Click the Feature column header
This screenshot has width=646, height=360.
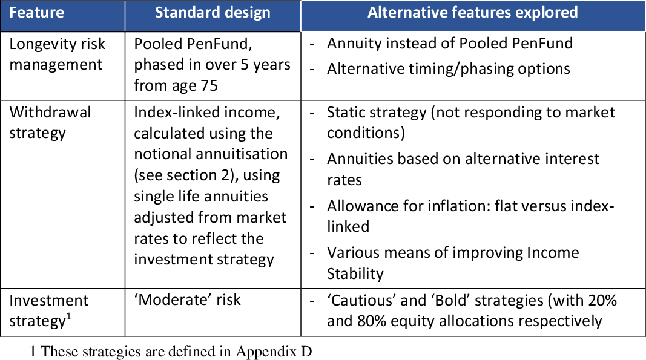[37, 12]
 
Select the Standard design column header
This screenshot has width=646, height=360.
[213, 13]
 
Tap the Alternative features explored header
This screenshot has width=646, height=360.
[473, 12]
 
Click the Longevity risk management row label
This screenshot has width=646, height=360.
[58, 54]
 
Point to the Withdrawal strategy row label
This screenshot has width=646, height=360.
[50, 122]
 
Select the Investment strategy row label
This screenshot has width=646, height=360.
[48, 310]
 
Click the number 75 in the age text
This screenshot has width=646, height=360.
[209, 86]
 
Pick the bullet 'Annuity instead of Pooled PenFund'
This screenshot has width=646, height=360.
[450, 43]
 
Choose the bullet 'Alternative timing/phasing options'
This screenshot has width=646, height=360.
[449, 69]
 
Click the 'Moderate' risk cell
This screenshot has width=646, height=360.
[188, 300]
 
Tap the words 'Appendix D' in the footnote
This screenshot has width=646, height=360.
[274, 352]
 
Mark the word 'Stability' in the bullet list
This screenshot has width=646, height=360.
[355, 274]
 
